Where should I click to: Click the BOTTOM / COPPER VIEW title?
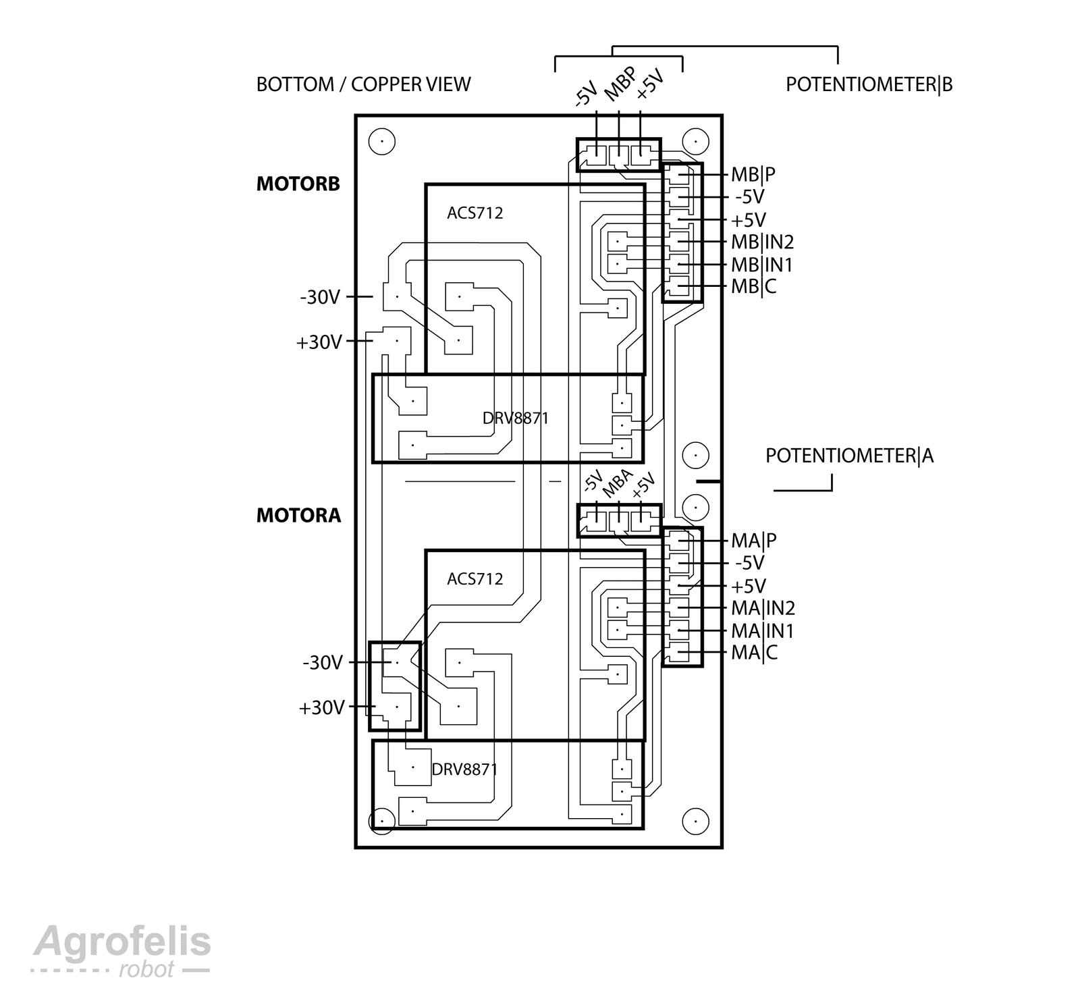[363, 84]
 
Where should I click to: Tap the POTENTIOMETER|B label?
[869, 84]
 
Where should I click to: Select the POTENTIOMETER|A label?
[849, 456]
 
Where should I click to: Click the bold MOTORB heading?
[298, 184]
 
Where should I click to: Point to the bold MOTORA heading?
[298, 516]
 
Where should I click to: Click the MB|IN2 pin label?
[762, 242]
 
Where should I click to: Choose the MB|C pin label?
[753, 286]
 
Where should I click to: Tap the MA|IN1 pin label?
[762, 631]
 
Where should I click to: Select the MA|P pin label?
[753, 541]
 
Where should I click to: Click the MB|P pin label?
[753, 174]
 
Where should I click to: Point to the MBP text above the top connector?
[619, 85]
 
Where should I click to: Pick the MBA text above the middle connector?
[616, 483]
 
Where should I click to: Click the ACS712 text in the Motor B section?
[475, 213]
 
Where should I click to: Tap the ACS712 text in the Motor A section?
[475, 579]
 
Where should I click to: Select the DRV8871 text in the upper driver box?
[515, 419]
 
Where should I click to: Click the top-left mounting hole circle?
[381, 142]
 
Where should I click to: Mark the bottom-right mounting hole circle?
[695, 821]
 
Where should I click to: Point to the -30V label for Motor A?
[323, 663]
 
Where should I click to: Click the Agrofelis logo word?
[122, 942]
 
